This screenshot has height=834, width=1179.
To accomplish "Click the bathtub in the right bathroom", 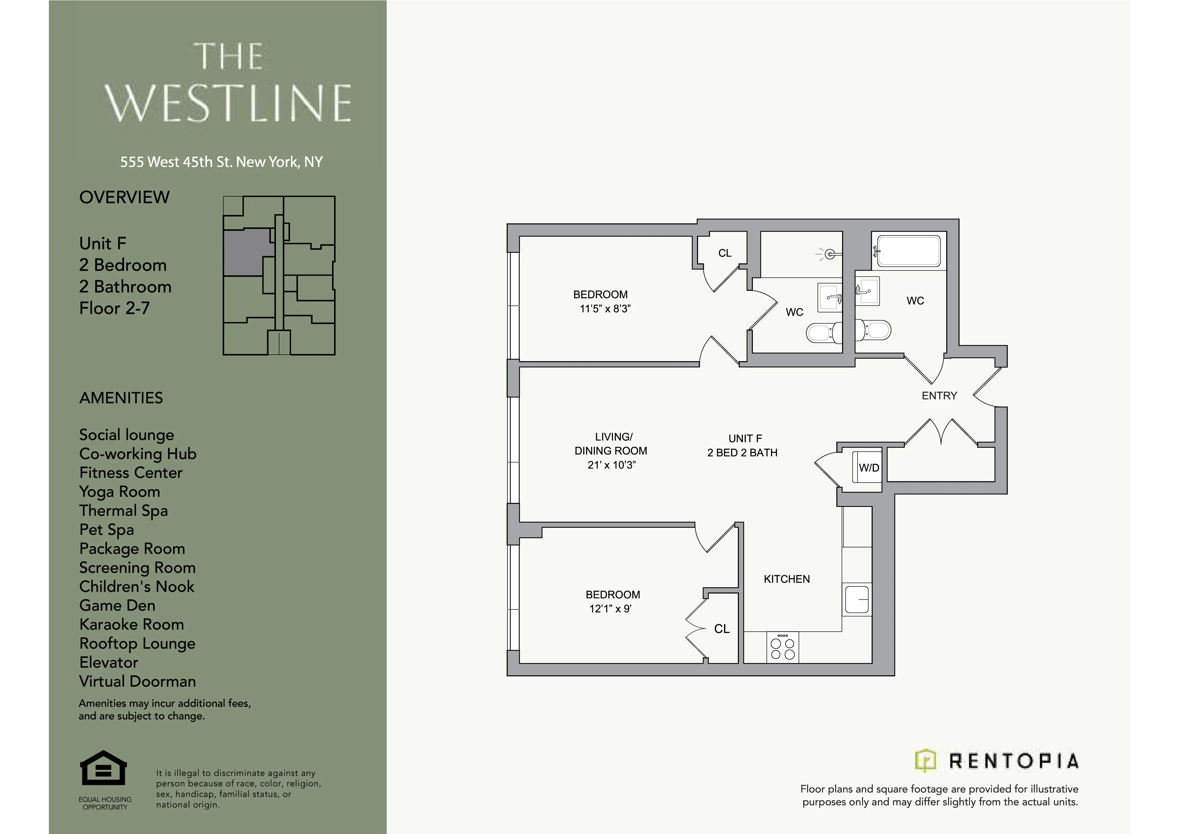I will click(908, 251).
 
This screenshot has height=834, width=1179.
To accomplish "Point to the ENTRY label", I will click(939, 395).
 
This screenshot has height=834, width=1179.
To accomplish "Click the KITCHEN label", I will click(786, 579).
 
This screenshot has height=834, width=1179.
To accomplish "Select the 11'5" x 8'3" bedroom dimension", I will click(605, 309).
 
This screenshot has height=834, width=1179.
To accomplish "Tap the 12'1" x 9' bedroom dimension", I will click(610, 608).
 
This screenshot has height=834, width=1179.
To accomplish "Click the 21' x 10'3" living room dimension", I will click(611, 465).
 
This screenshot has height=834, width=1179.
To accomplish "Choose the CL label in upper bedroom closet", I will click(725, 253).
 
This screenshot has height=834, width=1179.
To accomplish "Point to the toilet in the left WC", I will click(823, 333).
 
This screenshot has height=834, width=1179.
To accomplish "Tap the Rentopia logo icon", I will click(925, 761).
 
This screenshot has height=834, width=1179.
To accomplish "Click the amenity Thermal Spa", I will click(123, 511).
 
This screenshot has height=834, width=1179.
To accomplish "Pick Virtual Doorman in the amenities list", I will click(137, 681).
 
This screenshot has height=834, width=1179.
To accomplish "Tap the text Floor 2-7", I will click(114, 308).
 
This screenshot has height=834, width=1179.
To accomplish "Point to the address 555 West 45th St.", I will click(221, 162).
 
